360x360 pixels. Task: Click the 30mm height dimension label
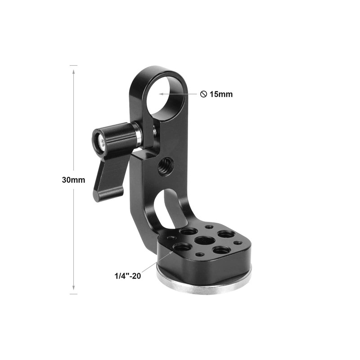(73, 180)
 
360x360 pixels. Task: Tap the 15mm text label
(221, 94)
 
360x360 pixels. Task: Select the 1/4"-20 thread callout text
(128, 276)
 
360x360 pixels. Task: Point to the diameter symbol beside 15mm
(203, 94)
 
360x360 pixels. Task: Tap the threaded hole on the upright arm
(165, 167)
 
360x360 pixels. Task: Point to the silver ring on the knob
(139, 135)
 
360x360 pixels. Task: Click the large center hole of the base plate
(205, 241)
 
